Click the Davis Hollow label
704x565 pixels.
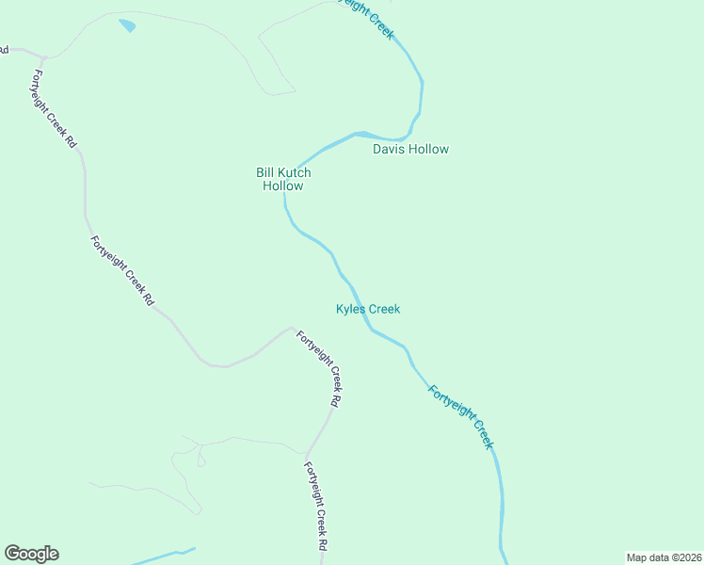click(410, 149)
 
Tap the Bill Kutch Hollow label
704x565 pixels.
click(283, 179)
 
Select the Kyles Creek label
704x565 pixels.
click(368, 309)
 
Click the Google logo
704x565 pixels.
click(31, 554)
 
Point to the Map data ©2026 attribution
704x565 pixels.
click(664, 557)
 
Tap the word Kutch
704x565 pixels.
click(294, 172)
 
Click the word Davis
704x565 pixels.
click(389, 149)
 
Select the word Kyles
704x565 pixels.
click(350, 309)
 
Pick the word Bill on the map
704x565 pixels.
click(264, 172)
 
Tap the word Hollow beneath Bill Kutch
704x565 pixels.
click(283, 186)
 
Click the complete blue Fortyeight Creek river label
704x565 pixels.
click(460, 415)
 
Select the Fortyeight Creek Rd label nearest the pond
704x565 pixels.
click(53, 109)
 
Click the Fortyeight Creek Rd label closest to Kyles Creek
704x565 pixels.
click(319, 367)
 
